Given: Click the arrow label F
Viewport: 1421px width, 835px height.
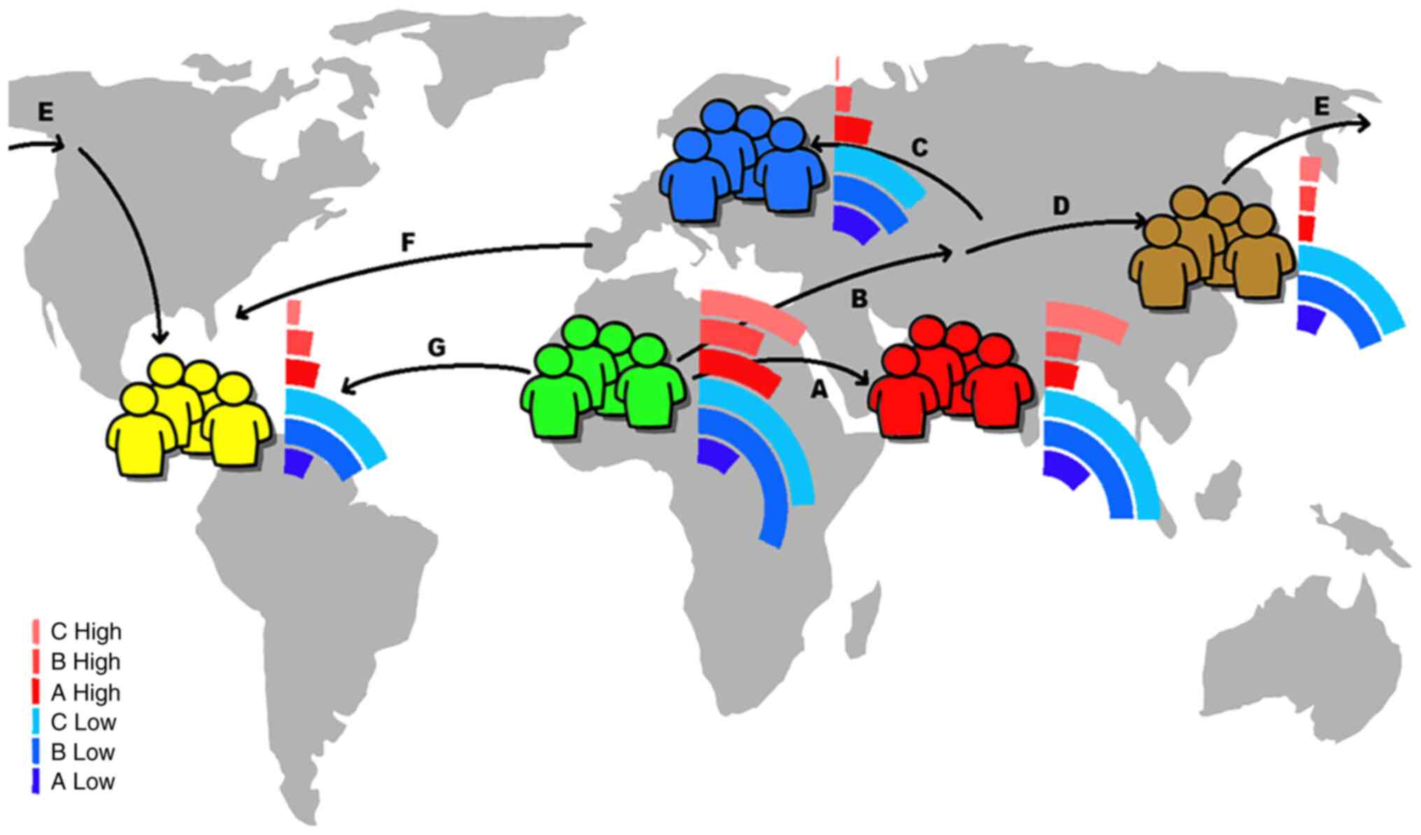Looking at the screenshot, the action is point(408,243).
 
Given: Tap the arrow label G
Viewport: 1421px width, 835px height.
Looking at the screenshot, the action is point(436,348).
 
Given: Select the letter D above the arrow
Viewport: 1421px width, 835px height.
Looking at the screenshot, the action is point(1061,206).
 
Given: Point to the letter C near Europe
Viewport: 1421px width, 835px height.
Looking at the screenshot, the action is point(920,148).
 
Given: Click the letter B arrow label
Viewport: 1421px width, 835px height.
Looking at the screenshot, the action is point(859,299).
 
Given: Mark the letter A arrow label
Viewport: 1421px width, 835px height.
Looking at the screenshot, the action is point(818,390).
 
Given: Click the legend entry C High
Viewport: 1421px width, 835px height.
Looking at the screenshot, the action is point(85,631).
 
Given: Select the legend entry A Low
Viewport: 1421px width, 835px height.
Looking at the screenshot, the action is point(82,781).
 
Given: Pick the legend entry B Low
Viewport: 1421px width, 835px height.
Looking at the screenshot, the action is point(82,752).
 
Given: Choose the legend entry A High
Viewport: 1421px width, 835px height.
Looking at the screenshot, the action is point(85,692).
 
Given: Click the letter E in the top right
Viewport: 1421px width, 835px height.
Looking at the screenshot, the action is point(1321,106).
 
